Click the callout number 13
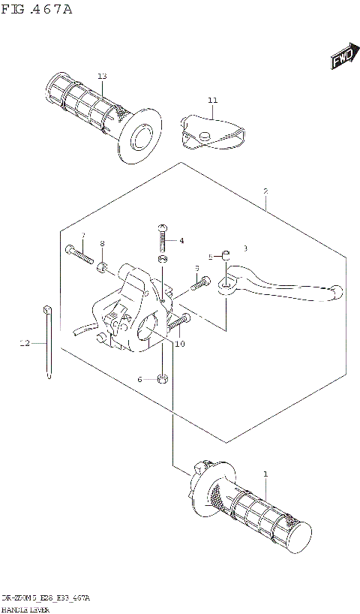tap(102, 77)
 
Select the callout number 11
tap(212, 100)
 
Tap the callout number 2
tap(265, 191)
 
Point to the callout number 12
tap(25, 344)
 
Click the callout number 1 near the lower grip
tap(265, 474)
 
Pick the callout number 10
tap(179, 344)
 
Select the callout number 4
tap(181, 241)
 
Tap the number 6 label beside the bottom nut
tap(139, 380)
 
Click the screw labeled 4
tap(163, 239)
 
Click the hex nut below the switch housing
tap(163, 378)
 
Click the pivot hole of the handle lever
tap(225, 285)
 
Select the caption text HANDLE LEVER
tap(27, 607)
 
